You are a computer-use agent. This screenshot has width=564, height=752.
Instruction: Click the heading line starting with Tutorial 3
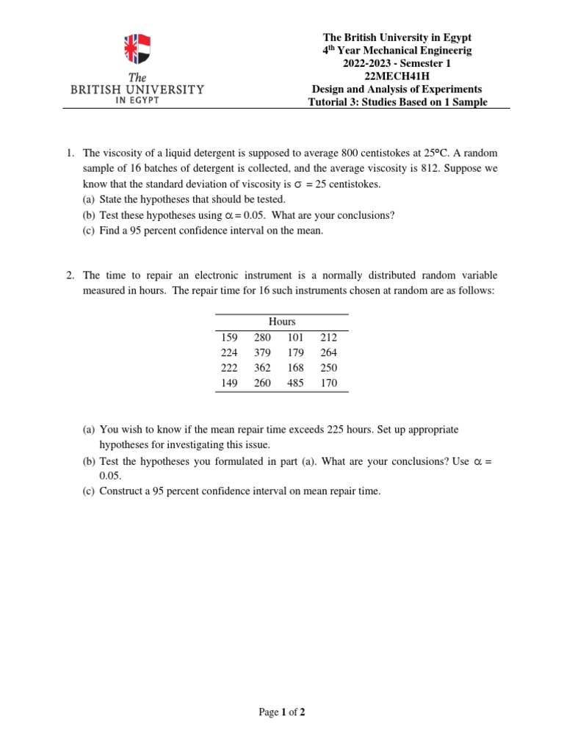(398, 102)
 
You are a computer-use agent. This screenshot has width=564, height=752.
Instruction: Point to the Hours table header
(282, 322)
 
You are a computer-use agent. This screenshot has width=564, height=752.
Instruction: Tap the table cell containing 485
(295, 383)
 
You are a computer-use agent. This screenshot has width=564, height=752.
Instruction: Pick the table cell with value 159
(229, 337)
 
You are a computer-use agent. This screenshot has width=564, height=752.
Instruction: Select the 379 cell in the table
(262, 352)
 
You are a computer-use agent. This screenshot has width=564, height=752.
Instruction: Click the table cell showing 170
(329, 383)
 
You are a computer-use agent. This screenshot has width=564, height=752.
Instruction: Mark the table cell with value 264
(329, 352)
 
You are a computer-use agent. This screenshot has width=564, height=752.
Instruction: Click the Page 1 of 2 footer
(282, 712)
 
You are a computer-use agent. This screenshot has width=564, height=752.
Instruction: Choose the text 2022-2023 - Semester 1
(398, 63)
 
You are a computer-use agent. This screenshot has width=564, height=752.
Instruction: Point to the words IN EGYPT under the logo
(137, 101)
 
